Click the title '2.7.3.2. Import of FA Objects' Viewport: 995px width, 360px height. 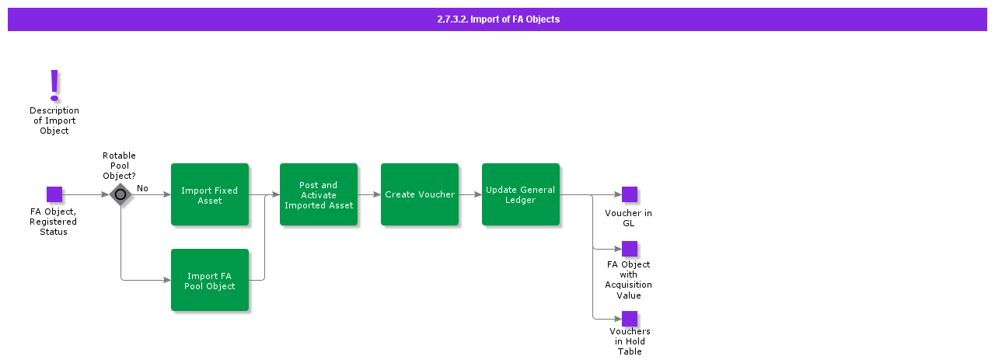(497, 19)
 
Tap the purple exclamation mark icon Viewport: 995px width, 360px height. (54, 85)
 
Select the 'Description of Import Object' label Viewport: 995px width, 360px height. (54, 121)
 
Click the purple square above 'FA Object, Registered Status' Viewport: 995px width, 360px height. (54, 194)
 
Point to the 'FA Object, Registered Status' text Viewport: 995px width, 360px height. (54, 222)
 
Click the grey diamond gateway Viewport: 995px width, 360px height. (120, 194)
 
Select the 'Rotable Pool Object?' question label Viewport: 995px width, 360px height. (119, 166)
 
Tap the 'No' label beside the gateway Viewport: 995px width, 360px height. (142, 188)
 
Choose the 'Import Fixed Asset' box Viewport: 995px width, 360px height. (210, 194)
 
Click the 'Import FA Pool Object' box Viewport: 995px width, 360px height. (210, 280)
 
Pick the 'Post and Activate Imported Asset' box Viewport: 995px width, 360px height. (319, 194)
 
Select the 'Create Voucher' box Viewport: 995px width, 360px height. (420, 194)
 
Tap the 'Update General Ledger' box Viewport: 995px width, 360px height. (521, 194)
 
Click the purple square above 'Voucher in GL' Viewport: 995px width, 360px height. (630, 194)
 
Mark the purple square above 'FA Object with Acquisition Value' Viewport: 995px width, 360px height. (630, 249)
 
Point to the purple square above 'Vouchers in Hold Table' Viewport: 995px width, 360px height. (630, 319)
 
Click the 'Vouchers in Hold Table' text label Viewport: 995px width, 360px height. (630, 341)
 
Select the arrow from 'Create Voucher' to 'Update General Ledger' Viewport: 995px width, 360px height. (470, 194)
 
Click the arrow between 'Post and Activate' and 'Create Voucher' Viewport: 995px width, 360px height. (369, 194)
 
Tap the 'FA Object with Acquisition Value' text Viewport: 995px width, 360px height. (629, 280)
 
